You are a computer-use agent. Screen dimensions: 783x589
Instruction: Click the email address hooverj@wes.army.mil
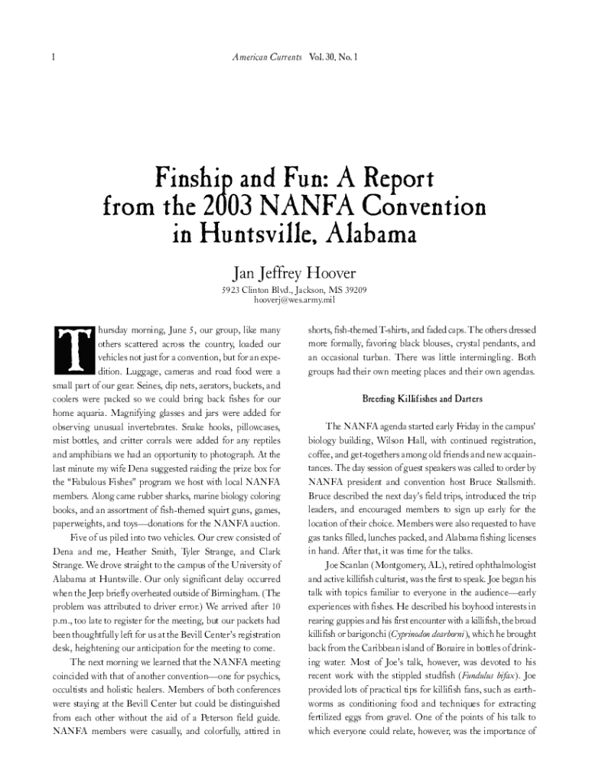pos(294,301)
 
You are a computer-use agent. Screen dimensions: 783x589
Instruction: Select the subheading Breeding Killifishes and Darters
pos(421,399)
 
